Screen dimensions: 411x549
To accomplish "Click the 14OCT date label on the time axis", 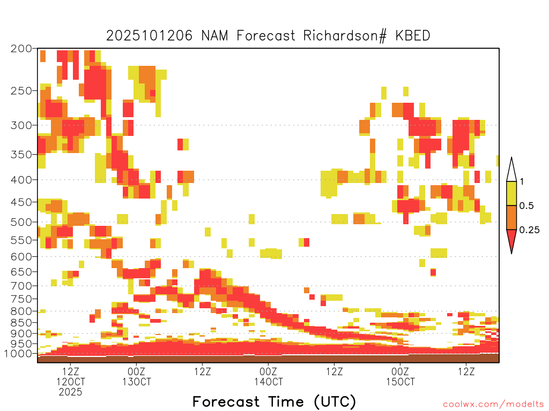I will click(x=268, y=382).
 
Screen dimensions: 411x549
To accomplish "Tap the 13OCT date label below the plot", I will click(x=136, y=382).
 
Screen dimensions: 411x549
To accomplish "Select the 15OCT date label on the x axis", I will click(x=400, y=382).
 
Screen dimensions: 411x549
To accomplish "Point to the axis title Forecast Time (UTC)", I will click(x=274, y=401).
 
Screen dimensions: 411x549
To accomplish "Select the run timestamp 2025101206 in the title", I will click(x=151, y=36).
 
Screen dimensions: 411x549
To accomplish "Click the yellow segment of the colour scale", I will click(x=511, y=193).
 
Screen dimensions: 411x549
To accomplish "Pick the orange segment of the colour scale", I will click(x=511, y=217).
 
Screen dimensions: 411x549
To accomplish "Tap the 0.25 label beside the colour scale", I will click(x=529, y=230).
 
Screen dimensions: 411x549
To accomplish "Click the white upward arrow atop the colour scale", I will click(x=511, y=169).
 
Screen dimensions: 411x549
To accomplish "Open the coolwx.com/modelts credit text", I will click(x=493, y=404).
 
